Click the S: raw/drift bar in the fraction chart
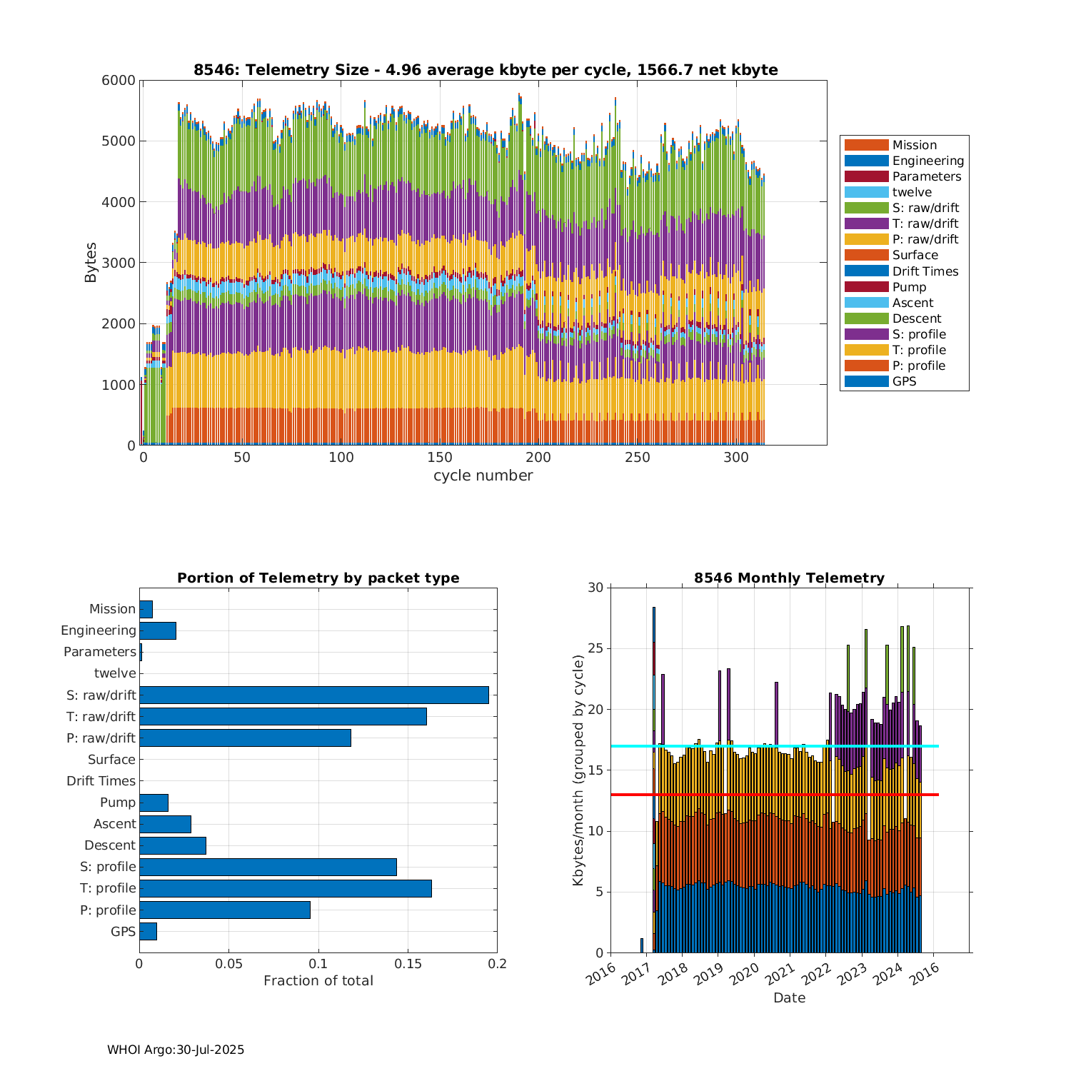(314, 695)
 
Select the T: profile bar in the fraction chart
(286, 888)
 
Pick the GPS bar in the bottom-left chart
(148, 931)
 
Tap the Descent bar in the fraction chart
(173, 845)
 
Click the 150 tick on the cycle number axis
(440, 458)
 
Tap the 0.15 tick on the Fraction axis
(408, 964)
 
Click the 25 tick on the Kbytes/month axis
(596, 649)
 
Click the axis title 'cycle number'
(483, 476)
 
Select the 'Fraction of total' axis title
(318, 980)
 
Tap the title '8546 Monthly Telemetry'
(789, 578)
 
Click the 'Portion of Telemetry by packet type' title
(318, 578)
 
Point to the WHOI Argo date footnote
(176, 1050)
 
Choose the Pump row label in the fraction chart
(118, 803)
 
